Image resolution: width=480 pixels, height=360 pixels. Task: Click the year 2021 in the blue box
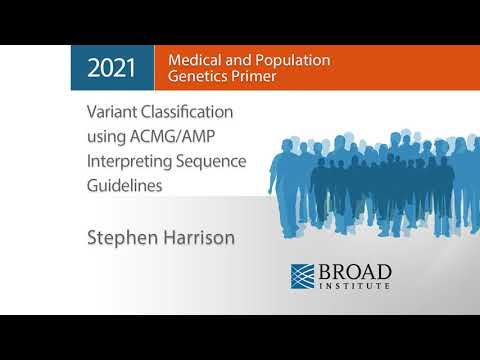tap(112, 68)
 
